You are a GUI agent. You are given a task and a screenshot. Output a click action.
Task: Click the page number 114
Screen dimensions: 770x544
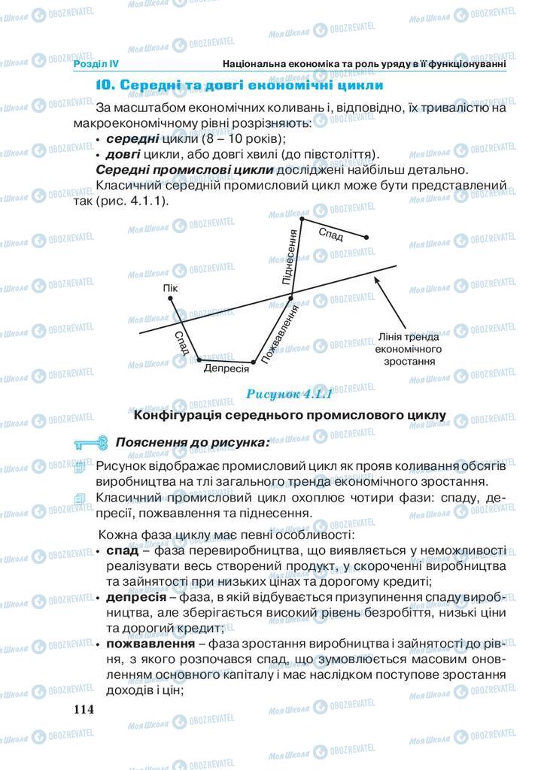coord(83,709)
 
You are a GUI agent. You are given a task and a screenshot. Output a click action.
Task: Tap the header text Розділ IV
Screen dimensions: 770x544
coord(97,65)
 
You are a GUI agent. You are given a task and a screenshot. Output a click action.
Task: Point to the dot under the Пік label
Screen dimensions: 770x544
coord(171,299)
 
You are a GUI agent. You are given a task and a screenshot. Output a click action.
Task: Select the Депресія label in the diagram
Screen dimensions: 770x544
coord(226,369)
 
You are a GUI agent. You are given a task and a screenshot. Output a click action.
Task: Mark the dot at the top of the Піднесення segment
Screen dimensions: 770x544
coord(302,219)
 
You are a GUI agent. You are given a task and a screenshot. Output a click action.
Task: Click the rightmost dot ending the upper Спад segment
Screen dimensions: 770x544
coord(366,237)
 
